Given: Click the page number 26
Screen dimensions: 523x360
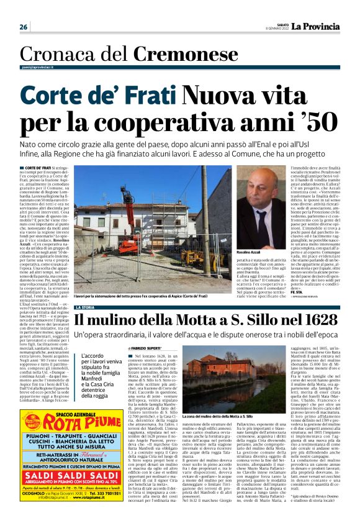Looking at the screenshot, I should tap(24, 27).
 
